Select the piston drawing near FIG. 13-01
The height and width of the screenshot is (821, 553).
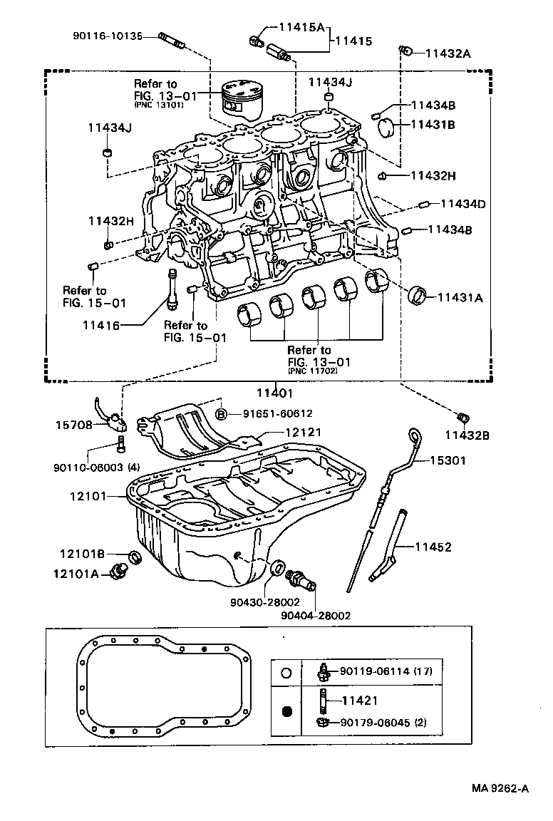(242, 98)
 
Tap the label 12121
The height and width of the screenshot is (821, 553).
(304, 432)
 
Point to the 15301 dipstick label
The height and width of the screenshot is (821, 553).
(448, 460)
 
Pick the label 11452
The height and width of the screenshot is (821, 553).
(433, 547)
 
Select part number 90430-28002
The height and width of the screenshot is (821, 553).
(265, 602)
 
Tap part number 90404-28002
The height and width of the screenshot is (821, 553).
(315, 615)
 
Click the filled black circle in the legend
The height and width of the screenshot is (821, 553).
(288, 711)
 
